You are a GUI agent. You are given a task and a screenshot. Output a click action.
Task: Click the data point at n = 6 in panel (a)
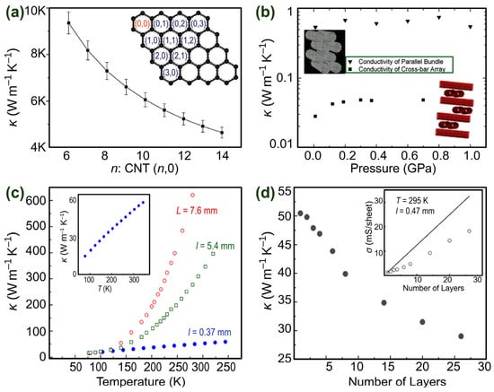[68, 24]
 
